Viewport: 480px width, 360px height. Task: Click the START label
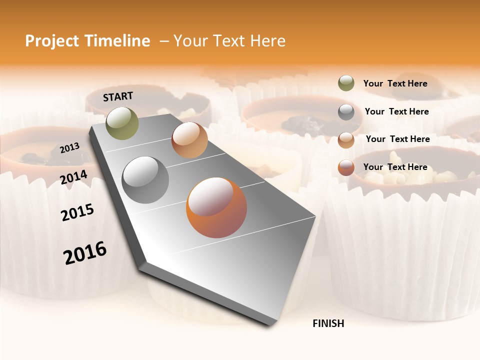[x=118, y=96]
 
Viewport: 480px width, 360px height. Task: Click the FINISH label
[x=328, y=323]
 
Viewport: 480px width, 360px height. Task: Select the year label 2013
[x=70, y=147]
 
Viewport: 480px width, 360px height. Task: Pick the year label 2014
[x=74, y=177]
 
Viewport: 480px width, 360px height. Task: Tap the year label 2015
[x=77, y=212]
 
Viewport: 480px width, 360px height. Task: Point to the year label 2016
[x=85, y=252]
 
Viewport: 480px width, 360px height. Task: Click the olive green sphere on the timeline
[x=122, y=123]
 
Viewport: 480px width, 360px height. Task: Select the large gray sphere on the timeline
[x=145, y=179]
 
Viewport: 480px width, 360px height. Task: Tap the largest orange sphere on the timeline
[x=216, y=207]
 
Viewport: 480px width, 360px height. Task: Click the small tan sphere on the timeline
[x=189, y=140]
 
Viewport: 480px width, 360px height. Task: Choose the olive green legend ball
[x=346, y=83]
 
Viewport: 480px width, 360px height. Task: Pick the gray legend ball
[x=346, y=112]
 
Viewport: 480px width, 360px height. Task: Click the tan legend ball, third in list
[x=346, y=140]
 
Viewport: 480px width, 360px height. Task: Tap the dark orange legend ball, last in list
[x=346, y=168]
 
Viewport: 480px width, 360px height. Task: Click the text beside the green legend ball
[x=395, y=83]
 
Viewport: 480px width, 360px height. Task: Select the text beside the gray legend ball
[x=396, y=111]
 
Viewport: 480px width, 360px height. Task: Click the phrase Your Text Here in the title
[x=229, y=41]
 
